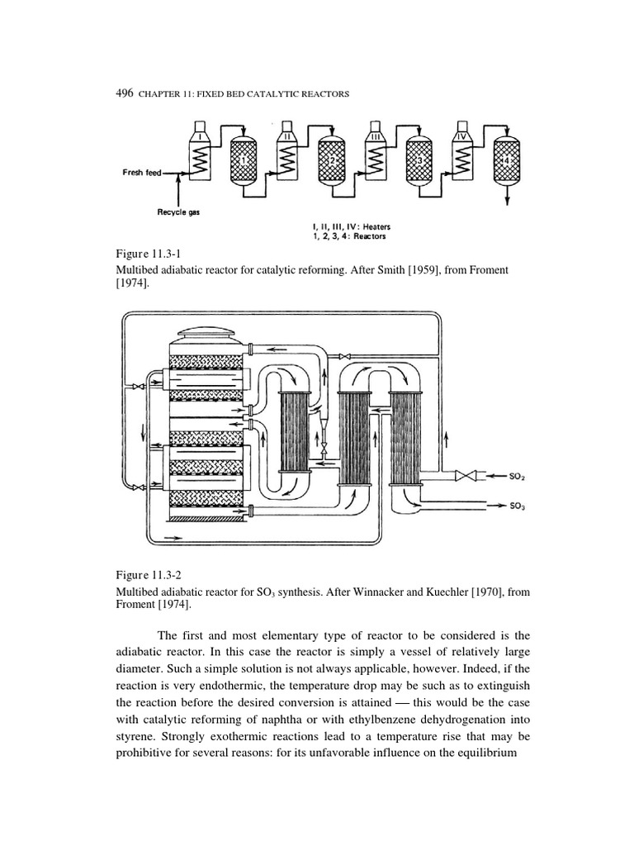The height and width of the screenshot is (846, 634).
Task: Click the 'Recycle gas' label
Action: [x=178, y=213]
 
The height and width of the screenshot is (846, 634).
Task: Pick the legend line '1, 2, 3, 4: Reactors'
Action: [x=350, y=236]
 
